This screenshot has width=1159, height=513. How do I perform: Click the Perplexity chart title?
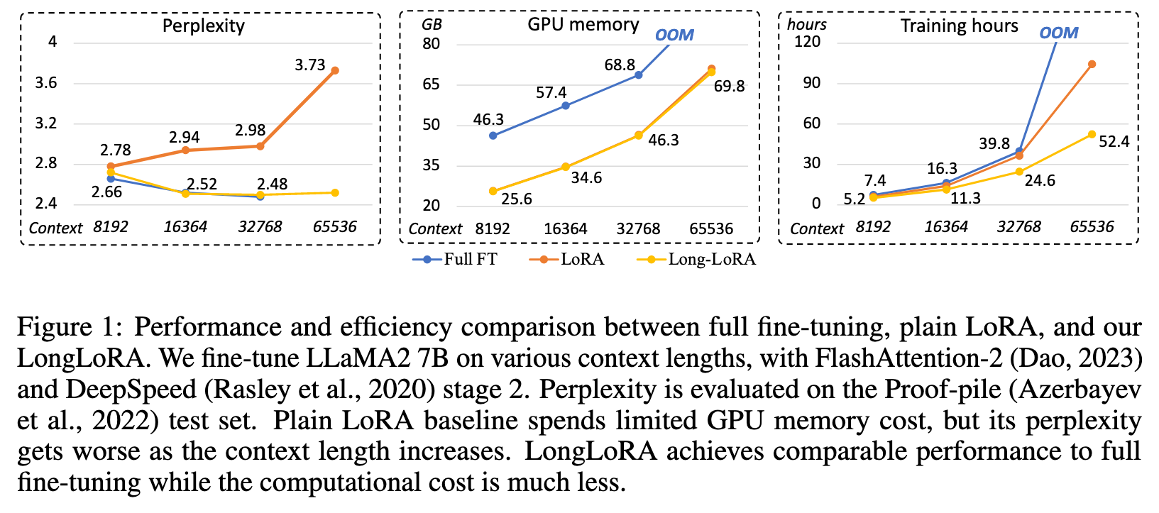tap(203, 26)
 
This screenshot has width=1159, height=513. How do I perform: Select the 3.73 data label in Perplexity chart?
tap(310, 65)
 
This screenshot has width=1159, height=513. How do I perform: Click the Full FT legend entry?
tap(455, 259)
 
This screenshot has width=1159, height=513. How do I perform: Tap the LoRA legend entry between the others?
tap(567, 259)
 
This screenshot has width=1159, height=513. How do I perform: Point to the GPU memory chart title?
tap(583, 25)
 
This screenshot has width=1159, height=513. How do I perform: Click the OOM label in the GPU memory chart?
tap(674, 35)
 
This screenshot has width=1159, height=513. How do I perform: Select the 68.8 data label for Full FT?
tap(620, 65)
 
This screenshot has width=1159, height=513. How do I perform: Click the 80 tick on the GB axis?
tap(431, 44)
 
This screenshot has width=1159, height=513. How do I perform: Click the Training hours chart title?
tap(959, 26)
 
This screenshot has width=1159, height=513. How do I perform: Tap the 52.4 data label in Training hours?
tap(1114, 142)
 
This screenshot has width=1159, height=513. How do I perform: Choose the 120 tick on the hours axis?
tap(807, 42)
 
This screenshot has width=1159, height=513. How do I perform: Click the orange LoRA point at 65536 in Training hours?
tap(1092, 64)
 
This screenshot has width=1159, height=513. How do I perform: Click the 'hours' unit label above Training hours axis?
tap(807, 24)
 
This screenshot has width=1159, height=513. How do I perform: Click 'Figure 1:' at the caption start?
tap(70, 328)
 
